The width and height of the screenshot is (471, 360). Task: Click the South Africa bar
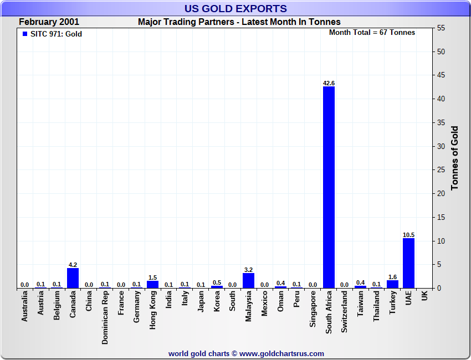point(329,187)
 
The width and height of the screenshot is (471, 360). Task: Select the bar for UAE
point(408,263)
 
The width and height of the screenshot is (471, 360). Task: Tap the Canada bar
point(73,278)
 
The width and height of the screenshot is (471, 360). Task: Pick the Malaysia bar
point(248,280)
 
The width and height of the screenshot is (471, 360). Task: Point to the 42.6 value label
point(329,83)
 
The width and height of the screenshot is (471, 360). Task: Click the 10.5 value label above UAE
point(408,235)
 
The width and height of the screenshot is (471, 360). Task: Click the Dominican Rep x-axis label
point(105,318)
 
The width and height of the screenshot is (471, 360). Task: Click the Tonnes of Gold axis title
point(454,158)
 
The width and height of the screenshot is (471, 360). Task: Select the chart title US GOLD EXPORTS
point(235,8)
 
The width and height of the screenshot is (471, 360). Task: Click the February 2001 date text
point(49,22)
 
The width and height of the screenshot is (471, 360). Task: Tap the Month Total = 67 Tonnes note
point(372,33)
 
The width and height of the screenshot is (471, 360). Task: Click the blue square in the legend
point(24,34)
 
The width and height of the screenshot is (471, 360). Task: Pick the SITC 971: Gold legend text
point(56,34)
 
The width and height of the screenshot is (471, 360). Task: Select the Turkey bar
point(392,284)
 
